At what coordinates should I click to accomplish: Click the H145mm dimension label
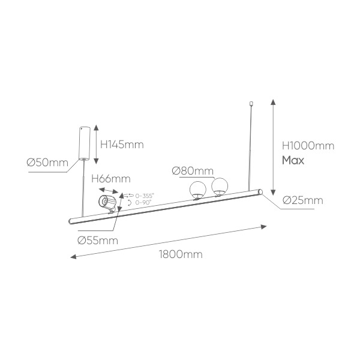122,145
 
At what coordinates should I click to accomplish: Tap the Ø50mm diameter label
47,163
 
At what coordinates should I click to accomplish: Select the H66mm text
111,179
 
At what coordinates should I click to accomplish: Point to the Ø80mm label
193,171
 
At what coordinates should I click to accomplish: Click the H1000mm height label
308,146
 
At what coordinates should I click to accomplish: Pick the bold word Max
293,160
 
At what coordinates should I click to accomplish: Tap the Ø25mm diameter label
303,200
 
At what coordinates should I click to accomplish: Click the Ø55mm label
98,241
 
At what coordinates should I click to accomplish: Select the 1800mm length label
181,254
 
